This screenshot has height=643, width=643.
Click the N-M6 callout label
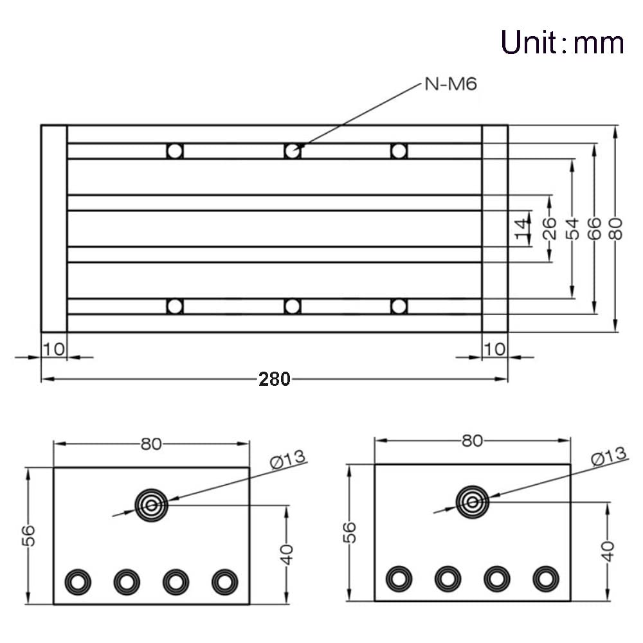pos(451,84)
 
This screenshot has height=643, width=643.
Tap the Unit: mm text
pos(562,42)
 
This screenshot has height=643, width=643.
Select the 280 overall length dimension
pos(275,379)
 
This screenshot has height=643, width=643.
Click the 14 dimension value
pos(521,229)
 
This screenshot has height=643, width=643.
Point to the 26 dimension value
pos(548,228)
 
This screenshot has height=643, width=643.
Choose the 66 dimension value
pos(593,228)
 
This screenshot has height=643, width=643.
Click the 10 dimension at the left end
pos(54,349)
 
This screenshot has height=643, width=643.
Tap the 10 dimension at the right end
pos(494,349)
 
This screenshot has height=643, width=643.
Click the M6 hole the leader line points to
pos(292,151)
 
